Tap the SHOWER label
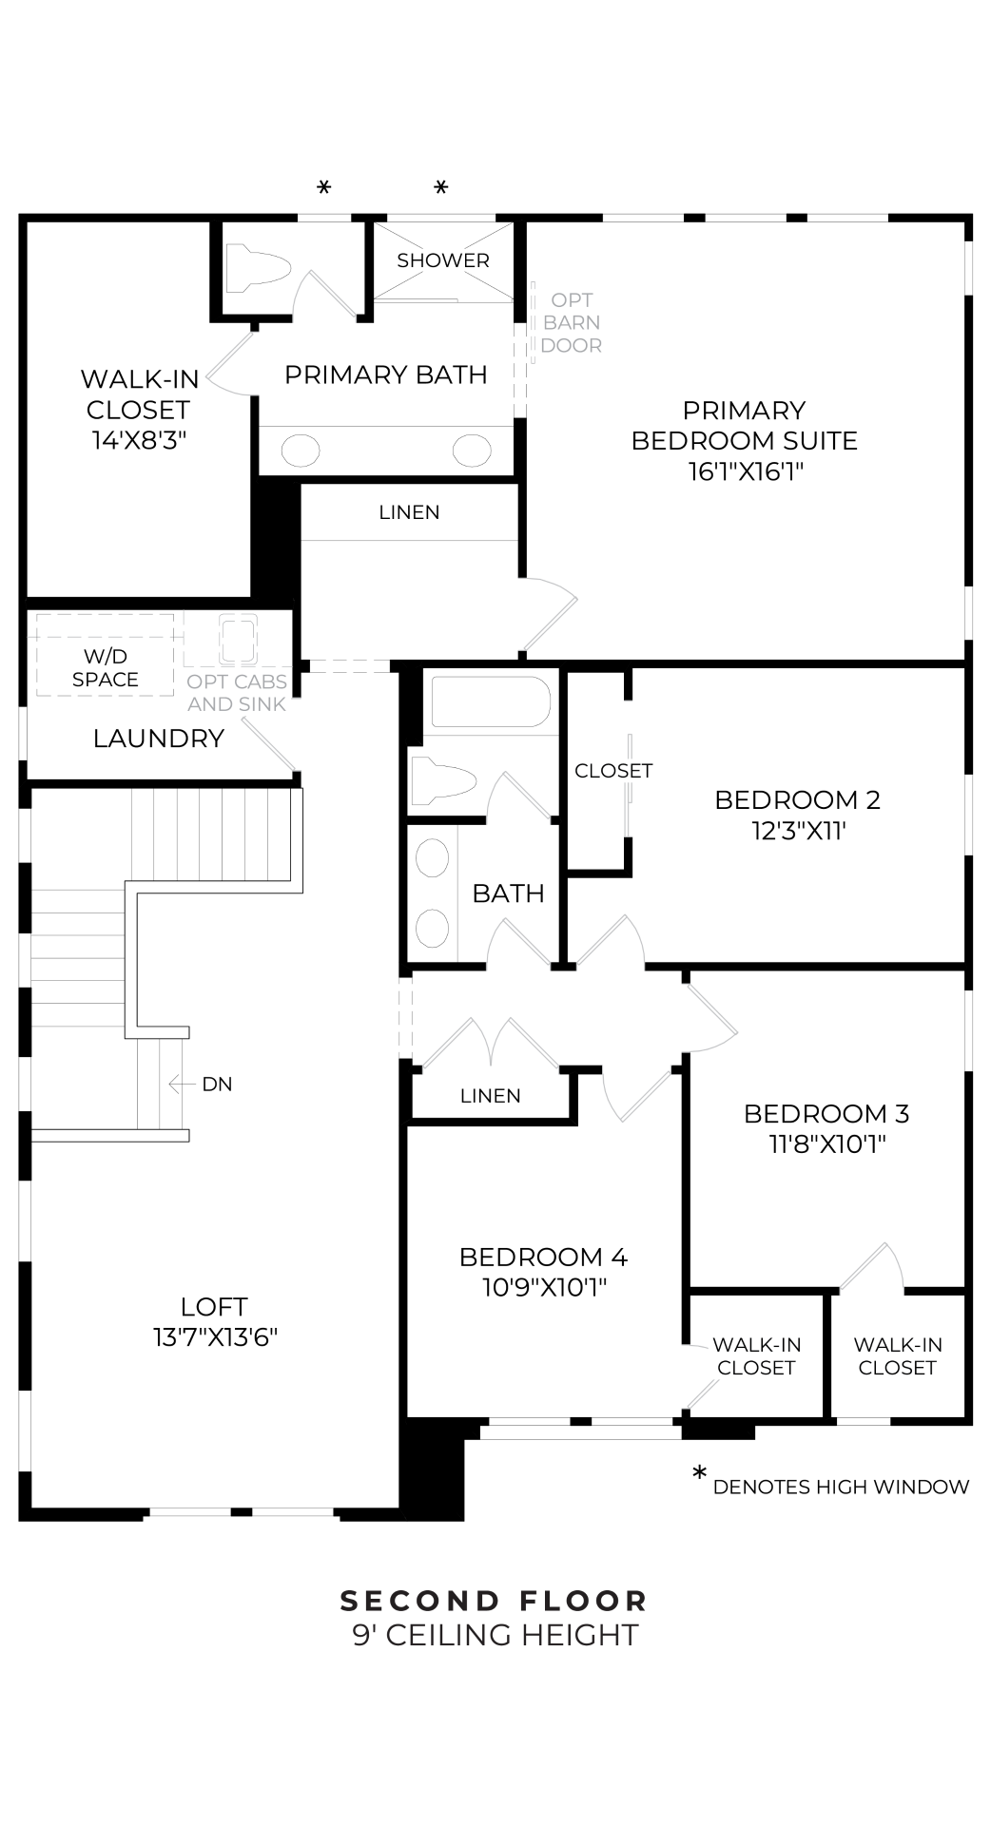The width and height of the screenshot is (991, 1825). (443, 260)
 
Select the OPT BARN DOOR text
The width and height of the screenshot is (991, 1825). (571, 323)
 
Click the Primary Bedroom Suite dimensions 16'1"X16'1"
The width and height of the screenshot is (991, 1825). (746, 471)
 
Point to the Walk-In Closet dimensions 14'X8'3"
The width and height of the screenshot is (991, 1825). (139, 440)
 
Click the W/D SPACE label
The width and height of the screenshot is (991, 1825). (106, 668)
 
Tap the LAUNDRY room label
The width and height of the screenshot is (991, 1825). (159, 739)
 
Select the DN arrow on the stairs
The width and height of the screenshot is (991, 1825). (177, 1084)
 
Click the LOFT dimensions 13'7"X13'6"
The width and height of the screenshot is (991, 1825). (215, 1337)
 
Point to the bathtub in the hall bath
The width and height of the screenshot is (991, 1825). (491, 701)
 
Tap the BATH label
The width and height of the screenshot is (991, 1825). (508, 893)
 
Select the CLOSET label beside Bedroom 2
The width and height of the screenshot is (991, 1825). (613, 771)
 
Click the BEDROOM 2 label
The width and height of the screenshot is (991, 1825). (797, 800)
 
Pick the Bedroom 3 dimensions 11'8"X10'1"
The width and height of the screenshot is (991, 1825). (826, 1143)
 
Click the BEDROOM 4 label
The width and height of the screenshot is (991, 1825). (543, 1257)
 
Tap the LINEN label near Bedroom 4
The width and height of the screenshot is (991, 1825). (490, 1096)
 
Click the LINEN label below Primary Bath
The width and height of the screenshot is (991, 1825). (409, 512)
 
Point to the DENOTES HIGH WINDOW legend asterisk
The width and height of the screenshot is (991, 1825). (700, 1474)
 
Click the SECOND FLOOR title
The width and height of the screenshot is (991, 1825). (495, 1602)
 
